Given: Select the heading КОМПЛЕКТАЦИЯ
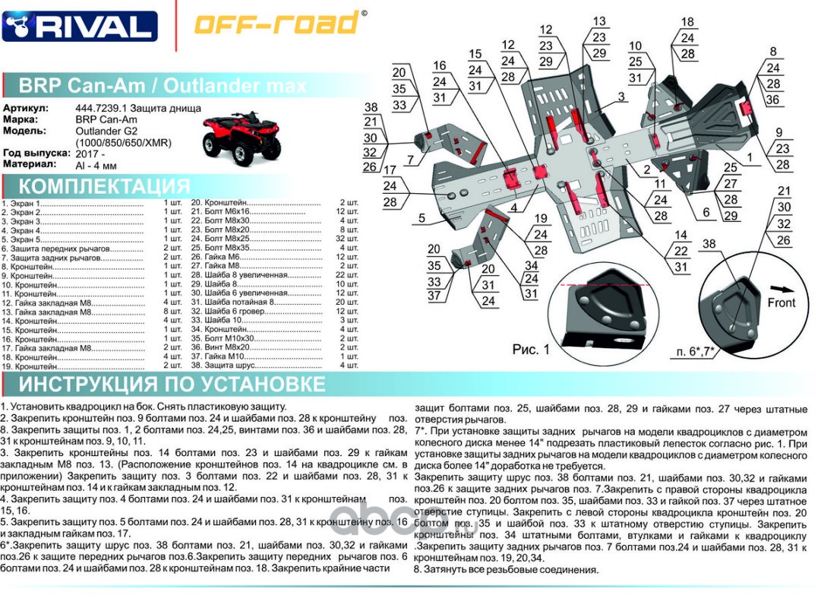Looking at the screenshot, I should pyautogui.click(x=104, y=186).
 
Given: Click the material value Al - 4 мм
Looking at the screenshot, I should pyautogui.click(x=96, y=164).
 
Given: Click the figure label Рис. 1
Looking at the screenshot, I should pyautogui.click(x=530, y=350).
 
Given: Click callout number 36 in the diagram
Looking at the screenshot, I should pyautogui.click(x=773, y=100).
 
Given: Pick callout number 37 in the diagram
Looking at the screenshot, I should pyautogui.click(x=434, y=296).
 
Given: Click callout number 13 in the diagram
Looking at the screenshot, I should pyautogui.click(x=599, y=21).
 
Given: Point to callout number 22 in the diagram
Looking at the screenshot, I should pyautogui.click(x=680, y=251).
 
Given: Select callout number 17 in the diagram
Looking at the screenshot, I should pyautogui.click(x=390, y=169).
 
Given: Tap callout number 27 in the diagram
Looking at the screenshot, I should pyautogui.click(x=731, y=183).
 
